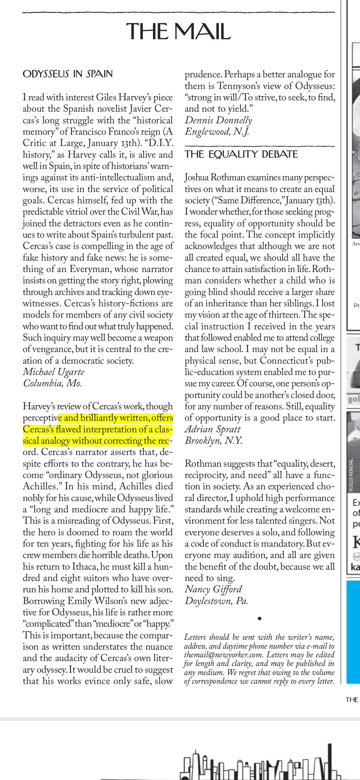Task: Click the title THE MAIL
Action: [x=178, y=31]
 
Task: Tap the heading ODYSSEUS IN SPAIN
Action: [x=68, y=74]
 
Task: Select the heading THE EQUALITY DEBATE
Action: [x=241, y=154]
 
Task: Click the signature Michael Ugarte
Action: [x=53, y=372]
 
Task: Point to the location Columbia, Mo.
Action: [x=52, y=383]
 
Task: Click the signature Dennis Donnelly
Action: [x=218, y=120]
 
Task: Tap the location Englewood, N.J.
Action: [x=217, y=131]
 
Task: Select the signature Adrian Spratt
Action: [x=212, y=429]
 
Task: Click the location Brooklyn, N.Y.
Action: [x=213, y=441]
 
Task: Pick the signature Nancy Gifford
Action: [x=213, y=589]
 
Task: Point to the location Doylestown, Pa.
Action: [x=216, y=601]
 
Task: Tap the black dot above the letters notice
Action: [x=259, y=619]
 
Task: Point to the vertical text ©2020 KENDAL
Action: [x=351, y=475]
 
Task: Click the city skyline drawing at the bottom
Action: [x=260, y=763]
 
